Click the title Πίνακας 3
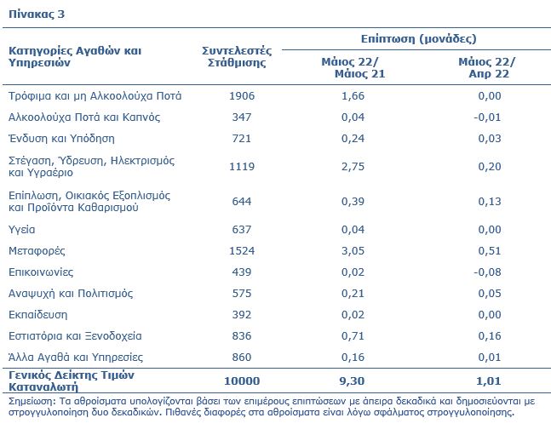pyautogui.click(x=37, y=14)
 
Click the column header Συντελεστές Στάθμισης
pyautogui.click(x=237, y=56)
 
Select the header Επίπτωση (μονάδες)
pyautogui.click(x=418, y=38)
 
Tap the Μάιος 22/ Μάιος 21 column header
pyautogui.click(x=353, y=68)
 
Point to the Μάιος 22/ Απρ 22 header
pyautogui.click(x=487, y=68)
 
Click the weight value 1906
pyautogui.click(x=242, y=96)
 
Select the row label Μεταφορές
pyautogui.click(x=37, y=251)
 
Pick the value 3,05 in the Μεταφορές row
pyautogui.click(x=353, y=251)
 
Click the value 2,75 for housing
pyautogui.click(x=353, y=167)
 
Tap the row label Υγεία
pyautogui.click(x=22, y=230)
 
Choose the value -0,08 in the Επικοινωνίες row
pyautogui.click(x=487, y=272)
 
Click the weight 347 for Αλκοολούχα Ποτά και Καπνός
pyautogui.click(x=242, y=117)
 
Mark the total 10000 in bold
pyautogui.click(x=242, y=381)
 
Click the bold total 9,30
pyautogui.click(x=352, y=381)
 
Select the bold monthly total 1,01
pyautogui.click(x=489, y=381)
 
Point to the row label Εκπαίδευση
pyautogui.click(x=38, y=315)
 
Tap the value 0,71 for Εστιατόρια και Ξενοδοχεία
pyautogui.click(x=353, y=336)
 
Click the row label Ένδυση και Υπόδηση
pyautogui.click(x=61, y=139)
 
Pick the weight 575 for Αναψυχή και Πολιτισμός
pyautogui.click(x=242, y=294)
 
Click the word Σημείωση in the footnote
pyautogui.click(x=32, y=401)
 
